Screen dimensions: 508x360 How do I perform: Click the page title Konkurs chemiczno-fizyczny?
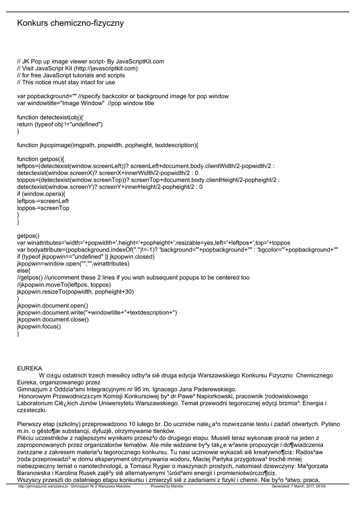click(71, 23)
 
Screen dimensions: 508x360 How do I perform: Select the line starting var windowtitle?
click(85, 103)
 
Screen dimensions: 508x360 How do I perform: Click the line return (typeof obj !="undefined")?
click(60, 124)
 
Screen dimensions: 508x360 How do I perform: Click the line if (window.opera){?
click(41, 194)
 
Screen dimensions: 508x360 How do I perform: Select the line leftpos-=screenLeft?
click(43, 201)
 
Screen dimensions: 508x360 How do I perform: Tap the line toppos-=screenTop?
click(43, 208)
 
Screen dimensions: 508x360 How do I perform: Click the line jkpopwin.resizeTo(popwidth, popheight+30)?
click(75, 292)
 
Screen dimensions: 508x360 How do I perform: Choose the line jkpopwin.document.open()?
click(53, 306)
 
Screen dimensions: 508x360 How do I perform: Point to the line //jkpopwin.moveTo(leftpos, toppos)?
click(64, 285)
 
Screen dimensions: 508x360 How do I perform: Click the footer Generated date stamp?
click(298, 486)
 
